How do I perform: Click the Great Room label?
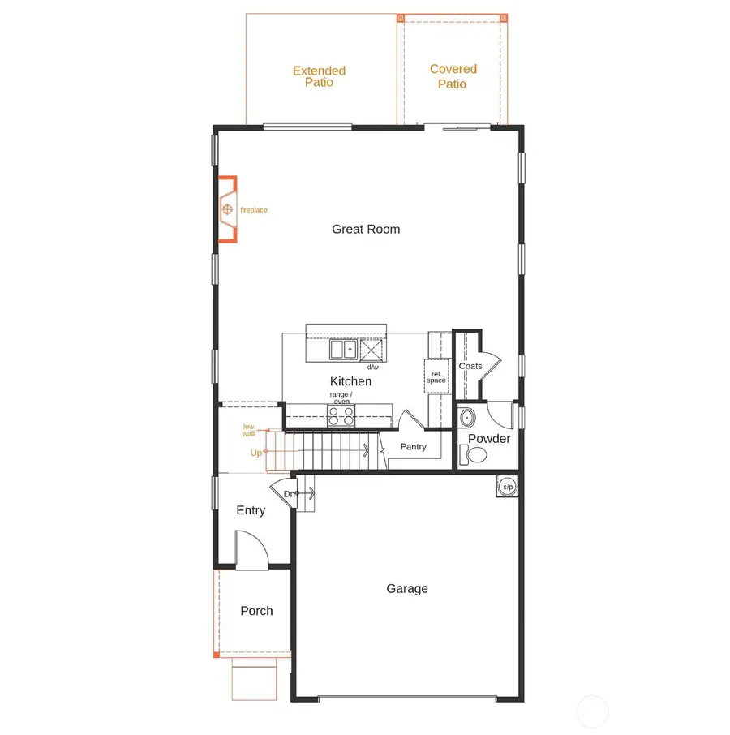point(366,229)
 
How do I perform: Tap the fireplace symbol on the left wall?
point(228,210)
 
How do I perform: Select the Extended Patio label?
point(319,76)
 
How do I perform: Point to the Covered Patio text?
point(453,76)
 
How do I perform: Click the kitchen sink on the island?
point(342,350)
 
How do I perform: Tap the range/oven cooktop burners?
point(341,416)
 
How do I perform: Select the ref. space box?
point(436,376)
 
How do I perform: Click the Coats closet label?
point(470,366)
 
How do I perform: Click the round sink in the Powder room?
point(468,419)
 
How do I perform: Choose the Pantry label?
point(414,447)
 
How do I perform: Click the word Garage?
point(406,589)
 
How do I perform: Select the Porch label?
point(256,611)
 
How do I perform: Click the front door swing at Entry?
point(247,548)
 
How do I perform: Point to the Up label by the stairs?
point(255,453)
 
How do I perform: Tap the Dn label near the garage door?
point(290,493)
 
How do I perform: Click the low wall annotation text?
point(248,430)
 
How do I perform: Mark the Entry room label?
point(251,510)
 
